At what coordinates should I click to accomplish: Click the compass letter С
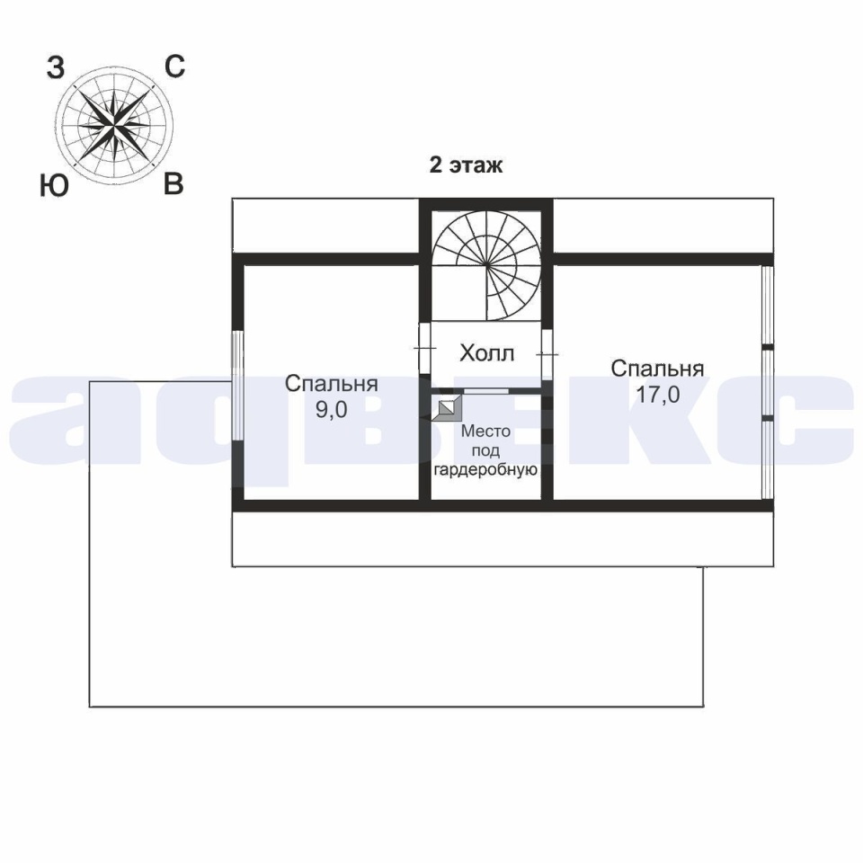tap(175, 67)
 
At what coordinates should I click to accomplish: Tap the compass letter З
tap(55, 69)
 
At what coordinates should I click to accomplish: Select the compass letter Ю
tap(54, 185)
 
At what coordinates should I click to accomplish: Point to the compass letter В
tap(173, 183)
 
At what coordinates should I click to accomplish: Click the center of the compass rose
tap(114, 126)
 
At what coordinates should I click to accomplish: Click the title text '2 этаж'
tap(466, 165)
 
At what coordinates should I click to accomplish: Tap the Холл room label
tap(486, 352)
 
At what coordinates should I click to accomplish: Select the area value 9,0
tap(332, 410)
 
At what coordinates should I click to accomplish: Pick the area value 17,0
tap(658, 394)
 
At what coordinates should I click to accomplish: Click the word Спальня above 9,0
tap(332, 384)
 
